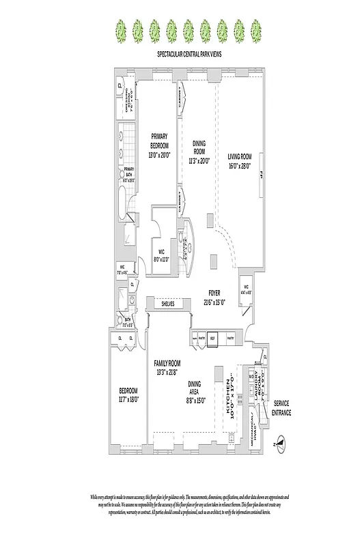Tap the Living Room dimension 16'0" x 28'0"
tap(240, 164)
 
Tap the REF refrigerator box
tap(212, 338)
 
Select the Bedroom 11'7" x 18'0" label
tap(128, 394)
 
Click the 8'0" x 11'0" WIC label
tap(158, 255)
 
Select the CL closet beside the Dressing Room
tap(120, 86)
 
